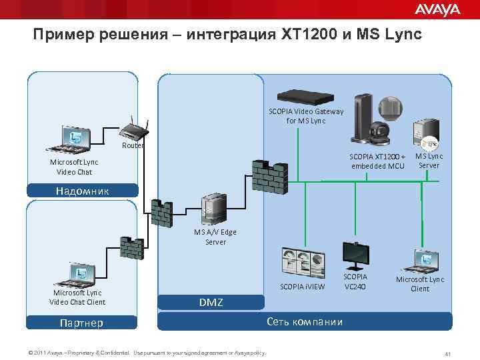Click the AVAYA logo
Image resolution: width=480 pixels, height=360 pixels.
point(437,9)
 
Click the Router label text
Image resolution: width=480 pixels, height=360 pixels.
point(131,145)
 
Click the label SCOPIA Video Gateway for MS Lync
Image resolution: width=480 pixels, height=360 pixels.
point(306,116)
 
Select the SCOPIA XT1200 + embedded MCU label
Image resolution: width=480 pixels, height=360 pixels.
point(378,161)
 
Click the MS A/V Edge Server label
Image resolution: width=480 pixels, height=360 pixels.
point(215,237)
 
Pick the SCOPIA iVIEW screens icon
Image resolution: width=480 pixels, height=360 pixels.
point(303,261)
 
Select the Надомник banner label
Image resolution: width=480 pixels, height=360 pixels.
point(83,191)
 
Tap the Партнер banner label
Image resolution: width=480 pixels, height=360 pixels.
point(79,323)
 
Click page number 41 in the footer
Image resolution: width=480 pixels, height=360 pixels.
point(449,353)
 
